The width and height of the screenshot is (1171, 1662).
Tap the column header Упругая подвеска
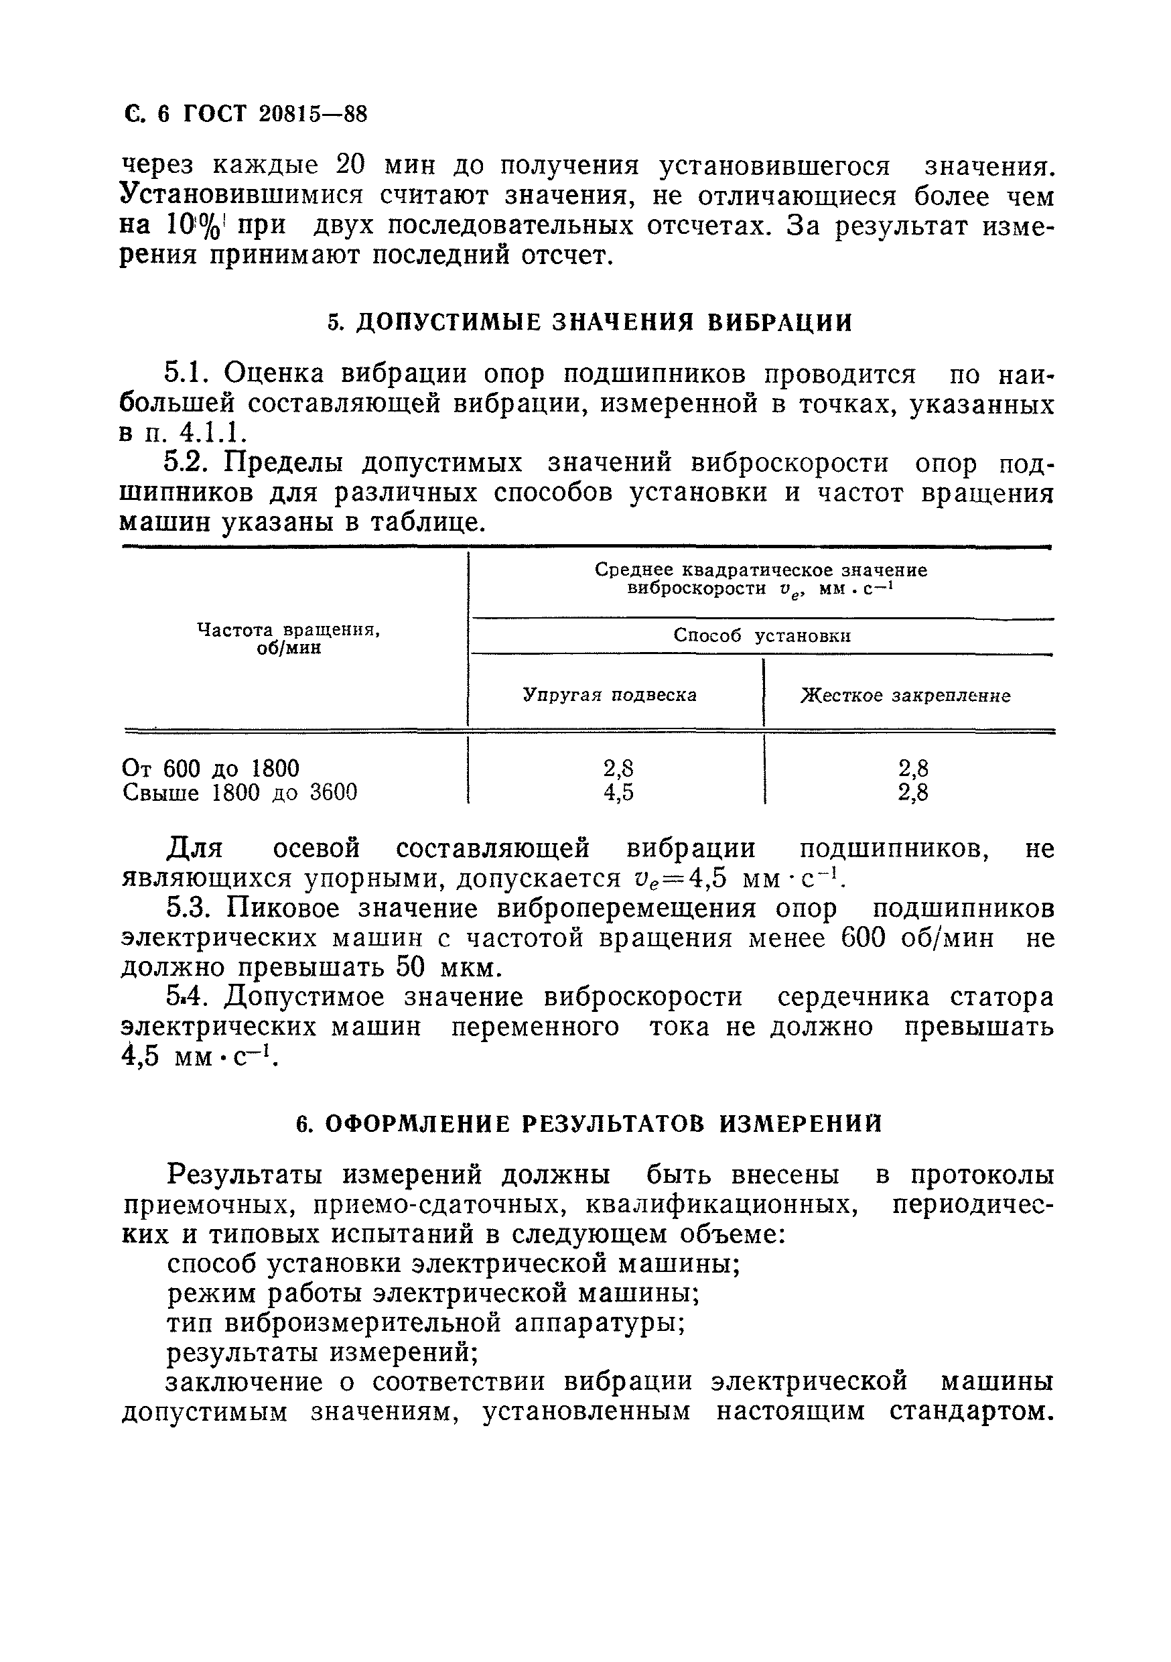(x=610, y=696)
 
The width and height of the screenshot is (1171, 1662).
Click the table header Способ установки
(x=762, y=636)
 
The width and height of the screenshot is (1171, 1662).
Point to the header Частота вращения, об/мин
(x=289, y=639)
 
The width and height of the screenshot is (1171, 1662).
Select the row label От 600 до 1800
(x=210, y=768)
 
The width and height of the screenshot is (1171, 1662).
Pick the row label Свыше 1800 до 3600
(x=240, y=793)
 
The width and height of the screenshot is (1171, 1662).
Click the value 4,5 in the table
(x=618, y=793)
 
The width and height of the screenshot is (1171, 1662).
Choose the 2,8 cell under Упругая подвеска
(x=618, y=768)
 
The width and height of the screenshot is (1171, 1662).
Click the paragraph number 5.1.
(x=187, y=374)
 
